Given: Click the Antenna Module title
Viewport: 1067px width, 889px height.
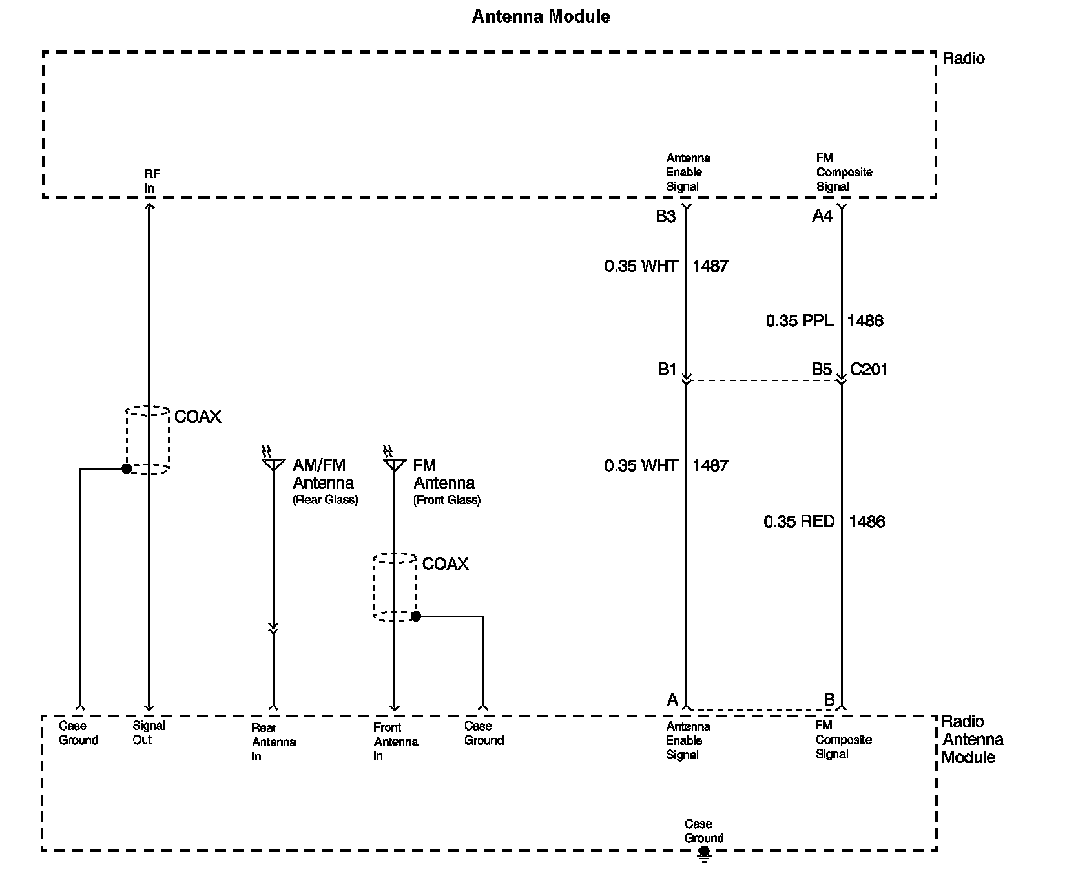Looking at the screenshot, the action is coord(541,16).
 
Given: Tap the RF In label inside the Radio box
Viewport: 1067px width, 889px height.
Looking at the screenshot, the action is coord(152,181).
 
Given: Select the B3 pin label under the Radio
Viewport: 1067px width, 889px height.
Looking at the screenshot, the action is coord(665,217).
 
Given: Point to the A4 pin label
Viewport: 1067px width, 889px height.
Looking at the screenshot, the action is coord(822,217).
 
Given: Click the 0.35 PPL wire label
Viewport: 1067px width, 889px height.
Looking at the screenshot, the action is coord(799,320).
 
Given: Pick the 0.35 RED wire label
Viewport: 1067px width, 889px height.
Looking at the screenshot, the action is coord(799,521).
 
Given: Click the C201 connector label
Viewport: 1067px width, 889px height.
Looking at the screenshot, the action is coord(869,370).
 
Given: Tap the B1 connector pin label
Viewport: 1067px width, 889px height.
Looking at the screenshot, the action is coord(667,370).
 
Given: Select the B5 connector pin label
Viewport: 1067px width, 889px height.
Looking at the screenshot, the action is coord(822,370).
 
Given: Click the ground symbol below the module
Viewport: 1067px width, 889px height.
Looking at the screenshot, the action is coord(704,855).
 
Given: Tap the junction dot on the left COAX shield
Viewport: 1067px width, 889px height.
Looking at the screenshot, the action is coord(127,469).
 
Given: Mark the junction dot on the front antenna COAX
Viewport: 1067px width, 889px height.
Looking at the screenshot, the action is coord(416,616).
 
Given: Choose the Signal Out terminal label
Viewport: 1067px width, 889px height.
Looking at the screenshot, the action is coord(149,733).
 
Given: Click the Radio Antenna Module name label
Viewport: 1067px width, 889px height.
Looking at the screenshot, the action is coord(972,739).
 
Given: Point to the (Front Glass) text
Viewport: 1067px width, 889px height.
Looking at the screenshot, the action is coord(447,500).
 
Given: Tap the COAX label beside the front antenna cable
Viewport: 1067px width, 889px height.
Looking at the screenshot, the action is coord(445,564).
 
